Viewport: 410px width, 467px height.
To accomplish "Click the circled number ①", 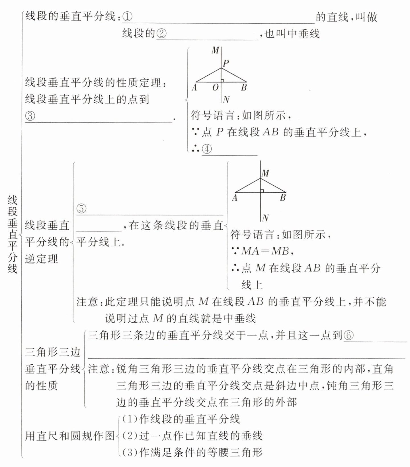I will [128, 17].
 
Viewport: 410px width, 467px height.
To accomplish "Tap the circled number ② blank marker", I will [161, 34].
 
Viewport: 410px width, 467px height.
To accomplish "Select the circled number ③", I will [30, 116].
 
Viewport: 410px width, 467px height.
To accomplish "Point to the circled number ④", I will [207, 149].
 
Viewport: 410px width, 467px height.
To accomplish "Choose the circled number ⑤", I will [81, 209].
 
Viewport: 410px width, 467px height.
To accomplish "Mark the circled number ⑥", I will [348, 336].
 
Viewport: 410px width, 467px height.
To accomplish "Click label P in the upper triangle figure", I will [226, 63].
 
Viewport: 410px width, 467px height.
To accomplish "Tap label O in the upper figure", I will [215, 88].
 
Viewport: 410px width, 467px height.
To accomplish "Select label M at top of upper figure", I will [215, 51].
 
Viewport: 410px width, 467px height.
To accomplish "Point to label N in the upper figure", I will [226, 99].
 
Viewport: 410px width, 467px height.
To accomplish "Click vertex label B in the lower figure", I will [282, 198].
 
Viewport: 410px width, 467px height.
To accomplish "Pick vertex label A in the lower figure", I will [235, 198].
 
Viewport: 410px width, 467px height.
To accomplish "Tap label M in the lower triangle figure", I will [265, 173].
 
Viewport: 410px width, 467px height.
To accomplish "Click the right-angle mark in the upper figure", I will [223, 80].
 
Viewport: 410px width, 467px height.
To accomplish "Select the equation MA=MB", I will [265, 251].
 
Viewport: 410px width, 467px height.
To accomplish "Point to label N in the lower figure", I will [265, 218].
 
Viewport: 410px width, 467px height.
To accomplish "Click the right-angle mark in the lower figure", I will [262, 191].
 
